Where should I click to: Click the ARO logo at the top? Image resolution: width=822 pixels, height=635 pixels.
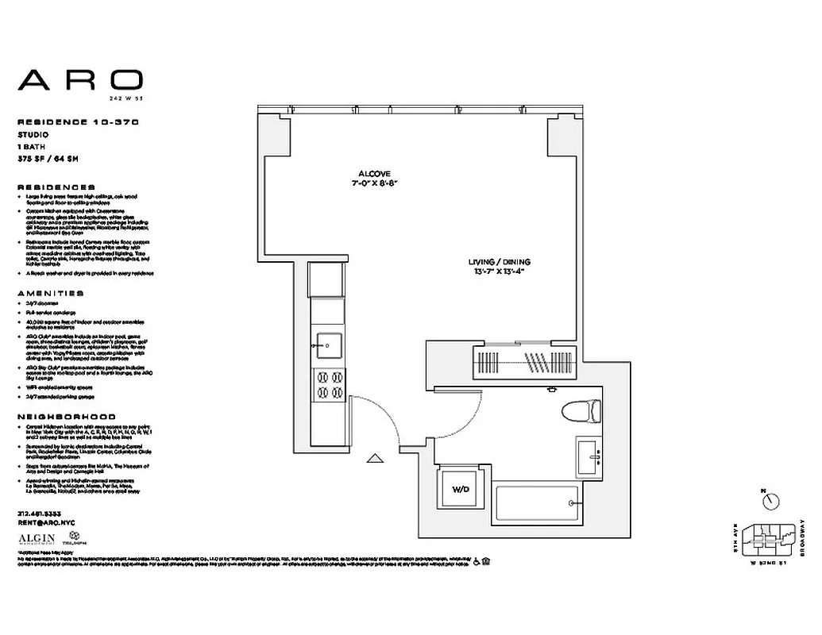[80, 79]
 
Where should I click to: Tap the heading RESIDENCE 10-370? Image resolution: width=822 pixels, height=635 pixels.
[78, 122]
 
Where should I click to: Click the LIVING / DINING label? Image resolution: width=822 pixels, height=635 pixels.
[498, 262]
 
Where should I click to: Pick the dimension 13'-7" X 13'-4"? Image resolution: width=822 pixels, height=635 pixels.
[498, 271]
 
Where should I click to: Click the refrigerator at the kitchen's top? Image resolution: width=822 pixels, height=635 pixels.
[327, 279]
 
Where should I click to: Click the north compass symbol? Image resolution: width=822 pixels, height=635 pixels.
[768, 499]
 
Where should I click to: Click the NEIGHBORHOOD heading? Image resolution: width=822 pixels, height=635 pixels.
[66, 417]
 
